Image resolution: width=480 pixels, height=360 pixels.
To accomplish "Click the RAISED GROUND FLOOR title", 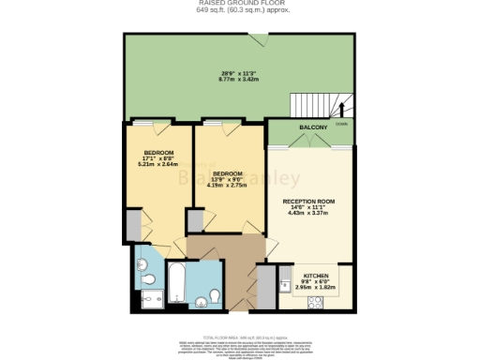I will click(239, 5).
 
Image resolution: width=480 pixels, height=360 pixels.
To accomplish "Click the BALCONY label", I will click(313, 127).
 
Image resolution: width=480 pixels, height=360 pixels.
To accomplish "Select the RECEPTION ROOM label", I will click(309, 201).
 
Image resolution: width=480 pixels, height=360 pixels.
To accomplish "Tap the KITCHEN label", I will click(315, 265).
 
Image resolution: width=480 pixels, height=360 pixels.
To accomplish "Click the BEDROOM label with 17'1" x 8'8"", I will click(158, 152).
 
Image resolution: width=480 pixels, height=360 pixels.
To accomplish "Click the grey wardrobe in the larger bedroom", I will click(134, 225).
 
